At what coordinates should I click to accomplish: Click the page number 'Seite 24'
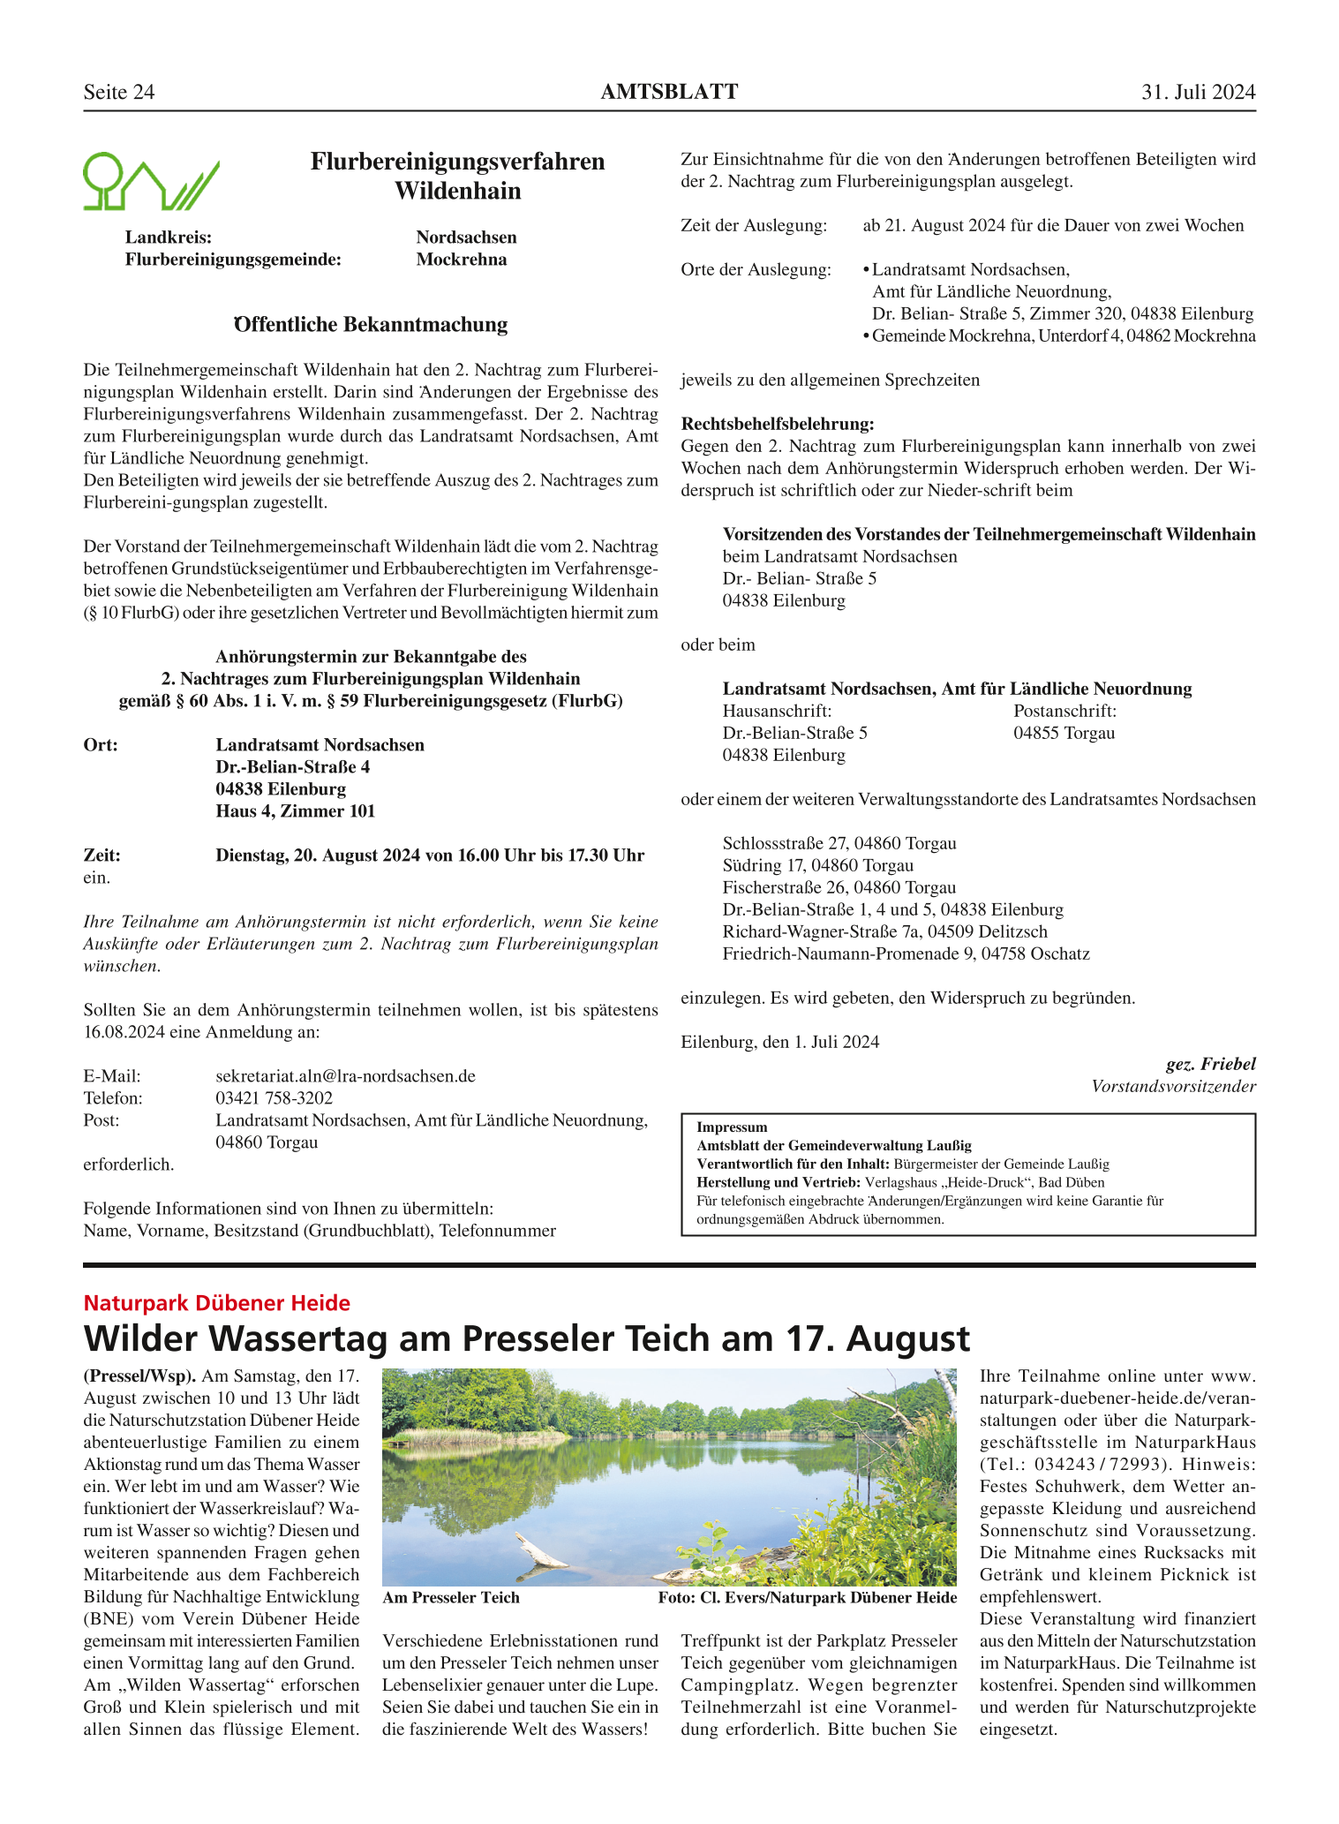118,93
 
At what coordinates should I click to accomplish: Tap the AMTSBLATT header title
669,92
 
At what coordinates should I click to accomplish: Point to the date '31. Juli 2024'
1198,93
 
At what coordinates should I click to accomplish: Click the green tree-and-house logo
150,182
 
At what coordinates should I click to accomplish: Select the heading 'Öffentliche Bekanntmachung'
371,325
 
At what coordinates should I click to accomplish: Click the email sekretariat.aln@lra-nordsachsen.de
345,1076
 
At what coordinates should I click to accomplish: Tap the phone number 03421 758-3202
274,1098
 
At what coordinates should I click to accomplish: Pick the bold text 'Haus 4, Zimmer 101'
295,811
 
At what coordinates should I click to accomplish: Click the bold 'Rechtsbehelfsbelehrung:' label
777,425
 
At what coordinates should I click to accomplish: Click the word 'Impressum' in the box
732,1127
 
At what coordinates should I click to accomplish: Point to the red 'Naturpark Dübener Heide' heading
216,1303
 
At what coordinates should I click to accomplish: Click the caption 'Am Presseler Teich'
451,1597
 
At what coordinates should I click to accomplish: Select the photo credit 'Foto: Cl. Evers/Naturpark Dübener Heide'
807,1597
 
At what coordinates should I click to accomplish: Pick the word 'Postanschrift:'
1064,711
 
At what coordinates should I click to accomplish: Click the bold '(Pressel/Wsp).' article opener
139,1376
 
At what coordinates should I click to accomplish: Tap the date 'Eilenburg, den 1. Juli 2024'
779,1042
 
